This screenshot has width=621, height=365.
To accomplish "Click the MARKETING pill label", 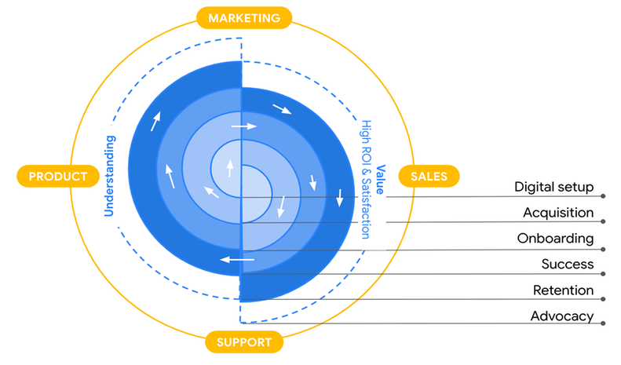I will point(243,17).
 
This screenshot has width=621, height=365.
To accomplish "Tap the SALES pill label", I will point(429,177).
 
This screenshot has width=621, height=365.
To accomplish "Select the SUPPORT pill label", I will point(244,342).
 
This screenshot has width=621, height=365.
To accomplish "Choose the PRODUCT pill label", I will point(58,177).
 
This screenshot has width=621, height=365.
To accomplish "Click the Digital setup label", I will point(553,188).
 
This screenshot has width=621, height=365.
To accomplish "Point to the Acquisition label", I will point(558,213).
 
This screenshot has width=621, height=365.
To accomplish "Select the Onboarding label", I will point(555,239).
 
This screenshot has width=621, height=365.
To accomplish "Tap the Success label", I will point(567,265).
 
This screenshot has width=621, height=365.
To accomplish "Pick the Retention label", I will point(563,290).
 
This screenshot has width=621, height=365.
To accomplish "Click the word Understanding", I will point(110,176).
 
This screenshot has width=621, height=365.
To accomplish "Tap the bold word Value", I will point(381,175).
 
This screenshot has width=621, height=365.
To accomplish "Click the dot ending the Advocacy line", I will point(602,325).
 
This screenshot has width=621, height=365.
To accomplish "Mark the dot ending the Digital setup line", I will point(602,196).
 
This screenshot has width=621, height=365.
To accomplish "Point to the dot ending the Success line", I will point(602,274).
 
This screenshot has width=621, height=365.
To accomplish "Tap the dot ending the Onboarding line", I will point(602,248).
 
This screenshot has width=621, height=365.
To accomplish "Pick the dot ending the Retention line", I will point(602,300).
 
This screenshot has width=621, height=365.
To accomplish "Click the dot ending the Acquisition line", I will point(602,222).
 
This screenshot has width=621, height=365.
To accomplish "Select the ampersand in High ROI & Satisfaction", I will point(366,174).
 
